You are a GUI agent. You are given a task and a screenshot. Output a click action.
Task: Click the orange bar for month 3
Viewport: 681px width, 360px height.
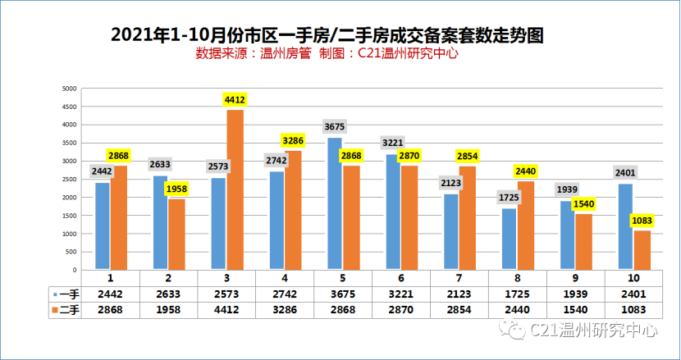click(x=235, y=189)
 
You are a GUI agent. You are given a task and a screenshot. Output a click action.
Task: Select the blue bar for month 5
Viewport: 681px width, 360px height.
click(x=335, y=203)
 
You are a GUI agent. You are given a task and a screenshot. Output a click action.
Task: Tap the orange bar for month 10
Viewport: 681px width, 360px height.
click(x=642, y=249)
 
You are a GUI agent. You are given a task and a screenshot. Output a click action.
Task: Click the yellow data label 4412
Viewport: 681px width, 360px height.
click(x=235, y=100)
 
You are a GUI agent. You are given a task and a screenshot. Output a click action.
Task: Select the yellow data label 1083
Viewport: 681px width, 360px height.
click(x=642, y=220)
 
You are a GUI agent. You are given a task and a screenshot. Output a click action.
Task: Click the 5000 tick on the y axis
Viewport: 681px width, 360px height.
click(x=70, y=89)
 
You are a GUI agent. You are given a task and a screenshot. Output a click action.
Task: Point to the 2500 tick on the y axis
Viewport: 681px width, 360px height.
click(x=70, y=180)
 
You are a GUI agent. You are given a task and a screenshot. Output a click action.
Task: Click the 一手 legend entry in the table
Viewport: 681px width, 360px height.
click(x=65, y=294)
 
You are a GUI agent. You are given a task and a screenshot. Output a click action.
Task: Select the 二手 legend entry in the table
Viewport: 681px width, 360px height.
click(x=65, y=309)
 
